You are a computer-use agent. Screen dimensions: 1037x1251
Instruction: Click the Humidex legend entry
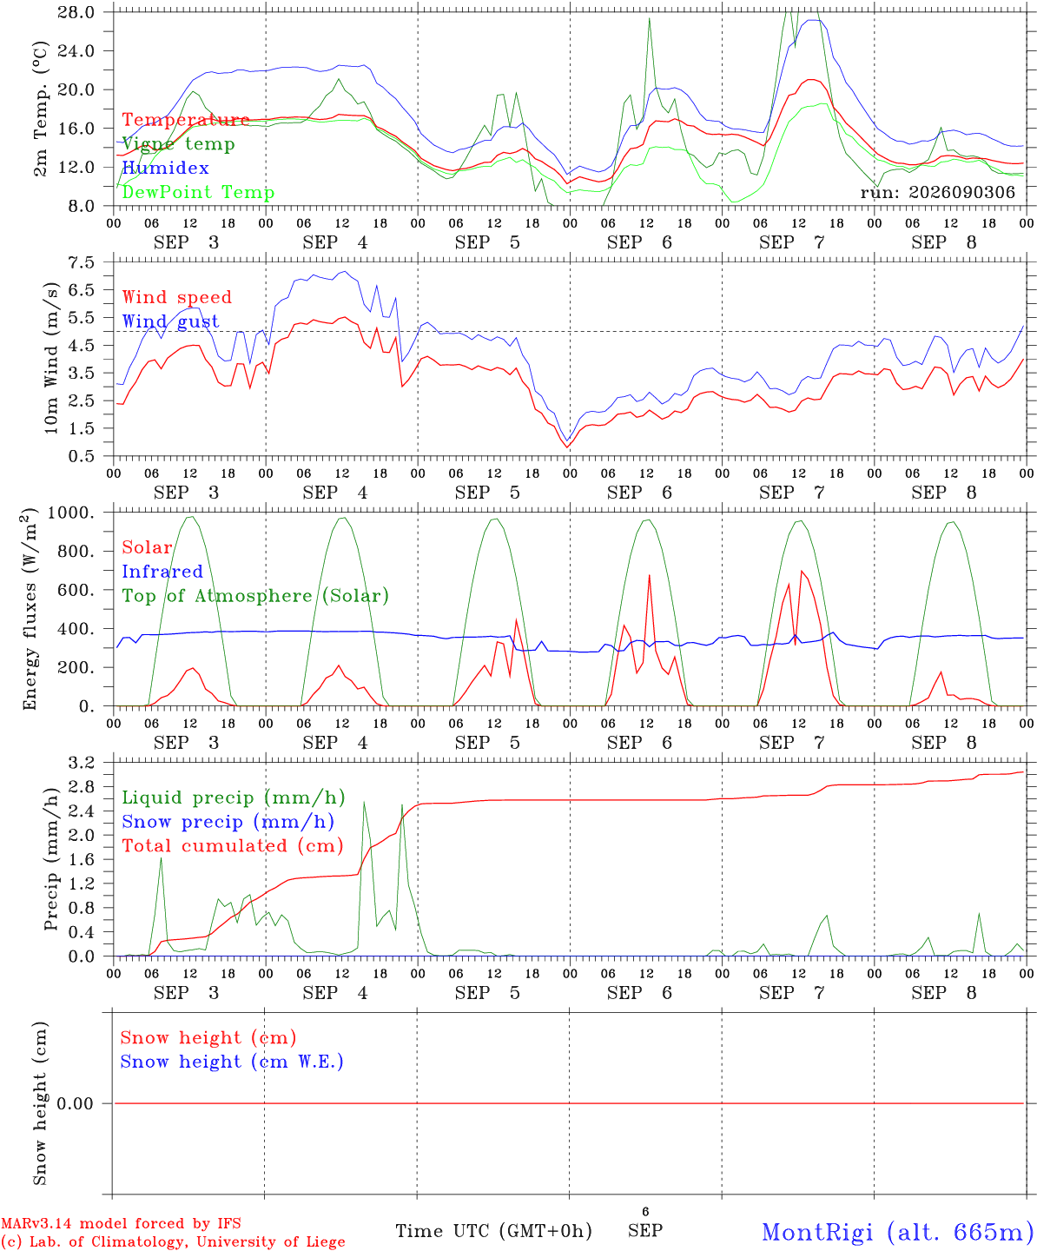coord(165,168)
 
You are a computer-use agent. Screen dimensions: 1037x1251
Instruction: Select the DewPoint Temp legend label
coord(198,192)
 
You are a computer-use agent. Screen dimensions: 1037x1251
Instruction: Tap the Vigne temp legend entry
coord(179,144)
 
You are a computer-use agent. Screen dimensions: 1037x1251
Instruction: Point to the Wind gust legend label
coord(171,321)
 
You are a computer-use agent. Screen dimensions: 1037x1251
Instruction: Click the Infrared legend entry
coord(162,572)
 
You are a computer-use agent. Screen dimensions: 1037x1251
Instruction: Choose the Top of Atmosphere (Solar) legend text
coord(256,596)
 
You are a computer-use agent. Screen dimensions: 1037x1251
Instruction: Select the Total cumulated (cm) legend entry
coord(233,845)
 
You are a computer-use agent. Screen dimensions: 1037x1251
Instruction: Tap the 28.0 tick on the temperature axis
coord(76,12)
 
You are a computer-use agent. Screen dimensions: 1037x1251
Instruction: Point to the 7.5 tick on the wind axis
coord(82,262)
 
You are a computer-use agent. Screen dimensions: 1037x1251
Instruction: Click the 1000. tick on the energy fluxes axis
coord(71,513)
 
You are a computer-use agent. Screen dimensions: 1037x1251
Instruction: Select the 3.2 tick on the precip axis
coord(82,763)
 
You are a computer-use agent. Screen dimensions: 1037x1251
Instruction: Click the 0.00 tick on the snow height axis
coord(75,1103)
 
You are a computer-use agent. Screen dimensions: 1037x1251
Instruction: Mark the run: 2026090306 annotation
coord(937,192)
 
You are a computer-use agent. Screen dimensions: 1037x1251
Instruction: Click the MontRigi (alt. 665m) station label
coord(893,1232)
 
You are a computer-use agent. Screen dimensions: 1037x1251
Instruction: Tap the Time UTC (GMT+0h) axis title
coord(493,1231)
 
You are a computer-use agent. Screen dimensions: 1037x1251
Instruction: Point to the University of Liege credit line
coord(173,1242)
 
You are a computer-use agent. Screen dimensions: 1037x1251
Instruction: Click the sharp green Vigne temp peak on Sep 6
coord(649,18)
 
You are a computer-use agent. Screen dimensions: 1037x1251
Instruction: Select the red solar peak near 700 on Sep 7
coord(802,571)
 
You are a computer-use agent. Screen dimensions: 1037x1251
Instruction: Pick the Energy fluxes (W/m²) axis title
coord(30,609)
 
